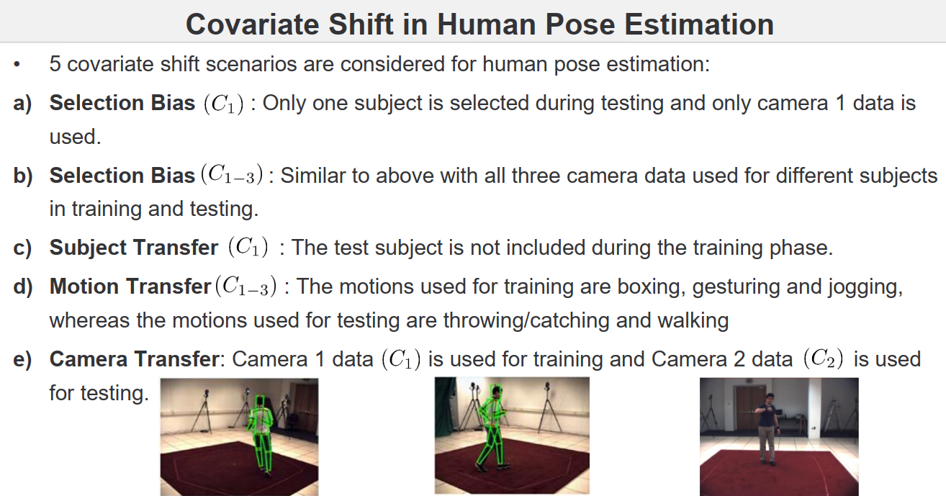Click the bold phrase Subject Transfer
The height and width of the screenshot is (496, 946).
coord(133,248)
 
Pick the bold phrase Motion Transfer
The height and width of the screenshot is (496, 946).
coord(130,287)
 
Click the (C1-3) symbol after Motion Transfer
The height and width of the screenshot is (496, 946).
coord(245,287)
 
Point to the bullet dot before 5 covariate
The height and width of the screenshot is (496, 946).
coord(17,66)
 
